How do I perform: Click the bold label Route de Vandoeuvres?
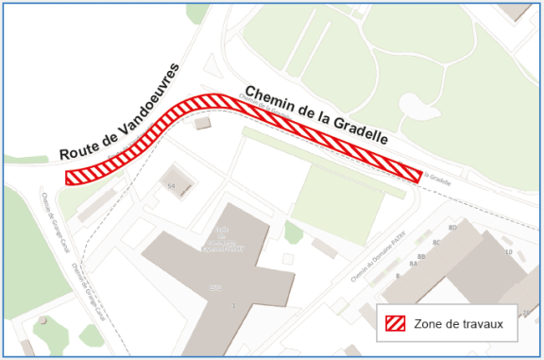point(119,111)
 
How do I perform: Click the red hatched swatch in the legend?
point(395,323)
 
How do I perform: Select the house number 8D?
point(452,228)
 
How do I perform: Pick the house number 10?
point(509,251)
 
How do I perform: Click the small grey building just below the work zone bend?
point(201,123)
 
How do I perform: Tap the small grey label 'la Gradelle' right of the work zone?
point(439,176)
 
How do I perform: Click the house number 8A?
point(414,266)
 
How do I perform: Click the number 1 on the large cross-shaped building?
point(232,304)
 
